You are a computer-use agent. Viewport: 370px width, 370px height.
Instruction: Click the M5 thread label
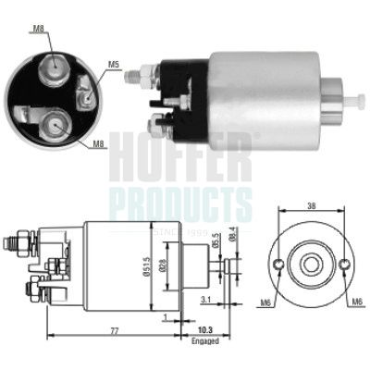(114, 64)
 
